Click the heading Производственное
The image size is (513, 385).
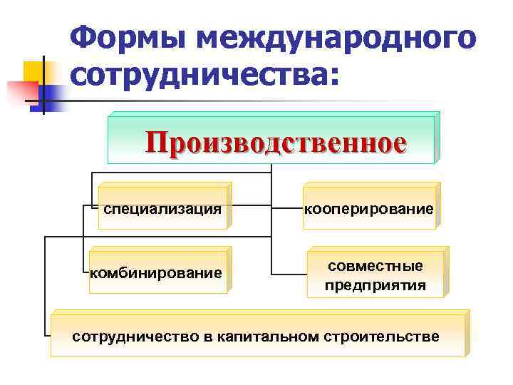click(276, 141)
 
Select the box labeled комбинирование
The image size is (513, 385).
click(157, 273)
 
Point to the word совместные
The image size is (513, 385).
click(375, 265)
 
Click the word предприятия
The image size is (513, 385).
click(375, 286)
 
